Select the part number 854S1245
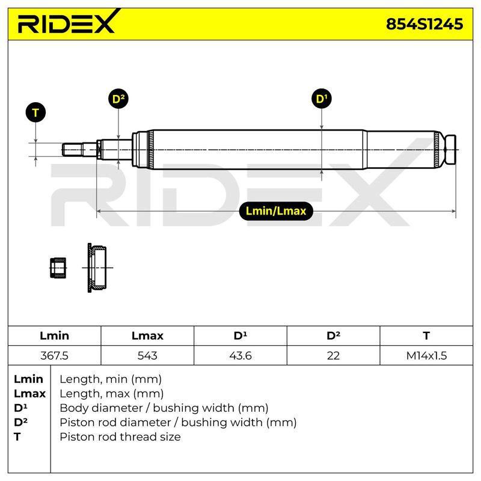coord(424,24)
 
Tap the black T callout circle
coord(35,112)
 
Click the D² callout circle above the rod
coord(118,99)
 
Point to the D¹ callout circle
coord(322,99)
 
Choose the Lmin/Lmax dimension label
coord(276,211)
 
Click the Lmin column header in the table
coord(54,335)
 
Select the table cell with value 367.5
coord(54,355)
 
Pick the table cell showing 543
coord(147,355)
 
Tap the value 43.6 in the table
coord(240,355)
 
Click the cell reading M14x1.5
coord(426,355)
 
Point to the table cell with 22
coord(334,355)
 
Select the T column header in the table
coord(426,335)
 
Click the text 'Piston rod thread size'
coord(120,437)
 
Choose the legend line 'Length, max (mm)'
coord(112,394)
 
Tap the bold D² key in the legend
coord(20,423)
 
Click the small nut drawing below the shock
coord(58,268)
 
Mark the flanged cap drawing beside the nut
coord(97,268)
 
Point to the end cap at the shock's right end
coord(450,149)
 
